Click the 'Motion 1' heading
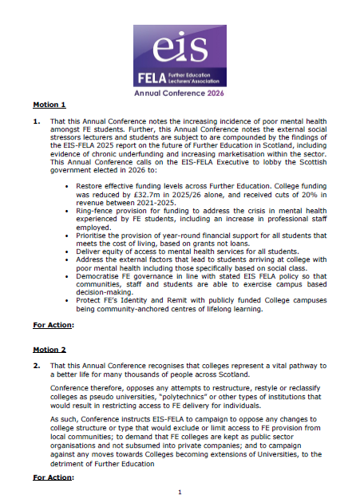click(x=49, y=105)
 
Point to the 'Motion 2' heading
click(x=49, y=349)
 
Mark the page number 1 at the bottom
click(x=180, y=492)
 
